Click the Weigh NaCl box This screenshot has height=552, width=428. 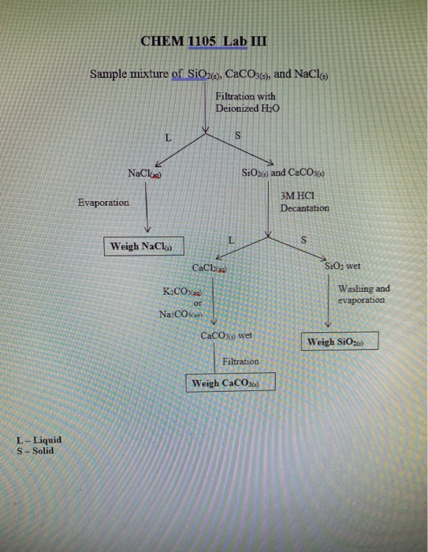pyautogui.click(x=143, y=246)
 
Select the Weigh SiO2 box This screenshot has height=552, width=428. pyautogui.click(x=340, y=341)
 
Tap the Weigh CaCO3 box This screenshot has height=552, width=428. pyautogui.click(x=230, y=383)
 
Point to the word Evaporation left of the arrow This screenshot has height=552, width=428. pyautogui.click(x=103, y=203)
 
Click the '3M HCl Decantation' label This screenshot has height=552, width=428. pyautogui.click(x=304, y=203)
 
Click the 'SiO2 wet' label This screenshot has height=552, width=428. pyautogui.click(x=342, y=267)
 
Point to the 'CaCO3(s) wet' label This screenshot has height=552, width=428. pyautogui.click(x=226, y=335)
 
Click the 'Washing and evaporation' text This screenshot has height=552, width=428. pyautogui.click(x=363, y=294)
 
